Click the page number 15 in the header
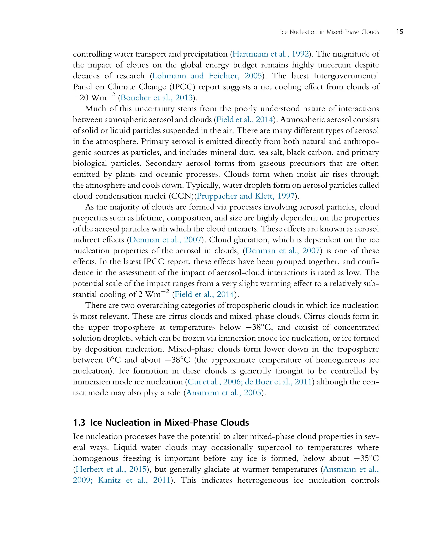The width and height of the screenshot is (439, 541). (x=399, y=32)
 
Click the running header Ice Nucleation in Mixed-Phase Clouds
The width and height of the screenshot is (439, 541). (x=329, y=32)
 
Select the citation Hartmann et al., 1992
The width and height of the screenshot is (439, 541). (x=270, y=54)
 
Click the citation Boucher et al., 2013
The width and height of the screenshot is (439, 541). (x=156, y=98)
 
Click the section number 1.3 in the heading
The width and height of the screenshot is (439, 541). (x=79, y=423)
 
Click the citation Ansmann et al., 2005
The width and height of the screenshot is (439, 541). (x=224, y=393)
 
